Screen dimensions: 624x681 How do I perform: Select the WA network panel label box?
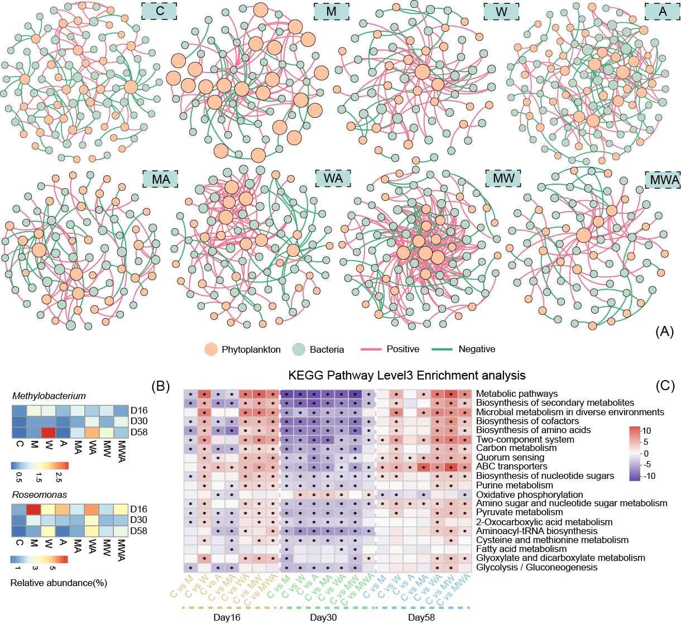[333, 179]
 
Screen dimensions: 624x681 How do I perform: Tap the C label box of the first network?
[159, 11]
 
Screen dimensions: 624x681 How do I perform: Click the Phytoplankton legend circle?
[211, 349]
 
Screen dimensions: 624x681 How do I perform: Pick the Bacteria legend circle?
[299, 349]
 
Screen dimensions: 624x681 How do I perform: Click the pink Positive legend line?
[370, 349]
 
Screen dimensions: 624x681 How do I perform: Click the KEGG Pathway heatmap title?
[407, 375]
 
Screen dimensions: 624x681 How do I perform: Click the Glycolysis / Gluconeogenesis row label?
[536, 568]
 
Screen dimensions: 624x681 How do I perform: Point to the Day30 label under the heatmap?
[323, 617]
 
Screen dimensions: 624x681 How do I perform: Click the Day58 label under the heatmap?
[421, 617]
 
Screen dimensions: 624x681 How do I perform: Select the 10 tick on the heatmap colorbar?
[646, 431]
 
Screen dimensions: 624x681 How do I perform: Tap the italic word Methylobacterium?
[49, 396]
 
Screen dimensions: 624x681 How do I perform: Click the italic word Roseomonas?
[40, 495]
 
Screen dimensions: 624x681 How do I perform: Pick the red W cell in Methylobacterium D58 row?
[49, 433]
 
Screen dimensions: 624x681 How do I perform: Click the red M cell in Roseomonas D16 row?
[33, 509]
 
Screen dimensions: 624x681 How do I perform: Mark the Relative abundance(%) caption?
[59, 583]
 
